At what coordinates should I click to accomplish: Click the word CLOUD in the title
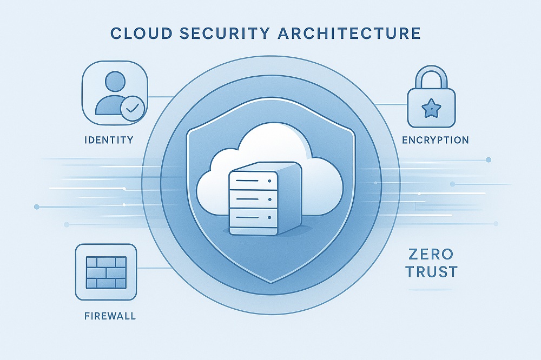click(x=141, y=34)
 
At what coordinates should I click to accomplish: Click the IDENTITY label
click(x=109, y=140)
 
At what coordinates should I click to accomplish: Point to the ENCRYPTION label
click(x=436, y=140)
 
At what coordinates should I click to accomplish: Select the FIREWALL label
click(x=110, y=316)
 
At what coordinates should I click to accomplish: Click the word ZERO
click(x=431, y=255)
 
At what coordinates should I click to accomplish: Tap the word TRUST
click(x=431, y=272)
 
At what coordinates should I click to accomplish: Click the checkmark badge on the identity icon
click(x=132, y=108)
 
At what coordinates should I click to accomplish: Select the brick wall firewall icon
click(x=106, y=272)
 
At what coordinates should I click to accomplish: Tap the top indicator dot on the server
click(x=269, y=181)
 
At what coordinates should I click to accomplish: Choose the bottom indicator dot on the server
click(x=269, y=217)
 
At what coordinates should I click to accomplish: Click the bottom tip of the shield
click(x=271, y=283)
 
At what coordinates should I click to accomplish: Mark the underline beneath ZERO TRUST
click(x=431, y=289)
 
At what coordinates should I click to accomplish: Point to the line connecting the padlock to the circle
click(x=391, y=104)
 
